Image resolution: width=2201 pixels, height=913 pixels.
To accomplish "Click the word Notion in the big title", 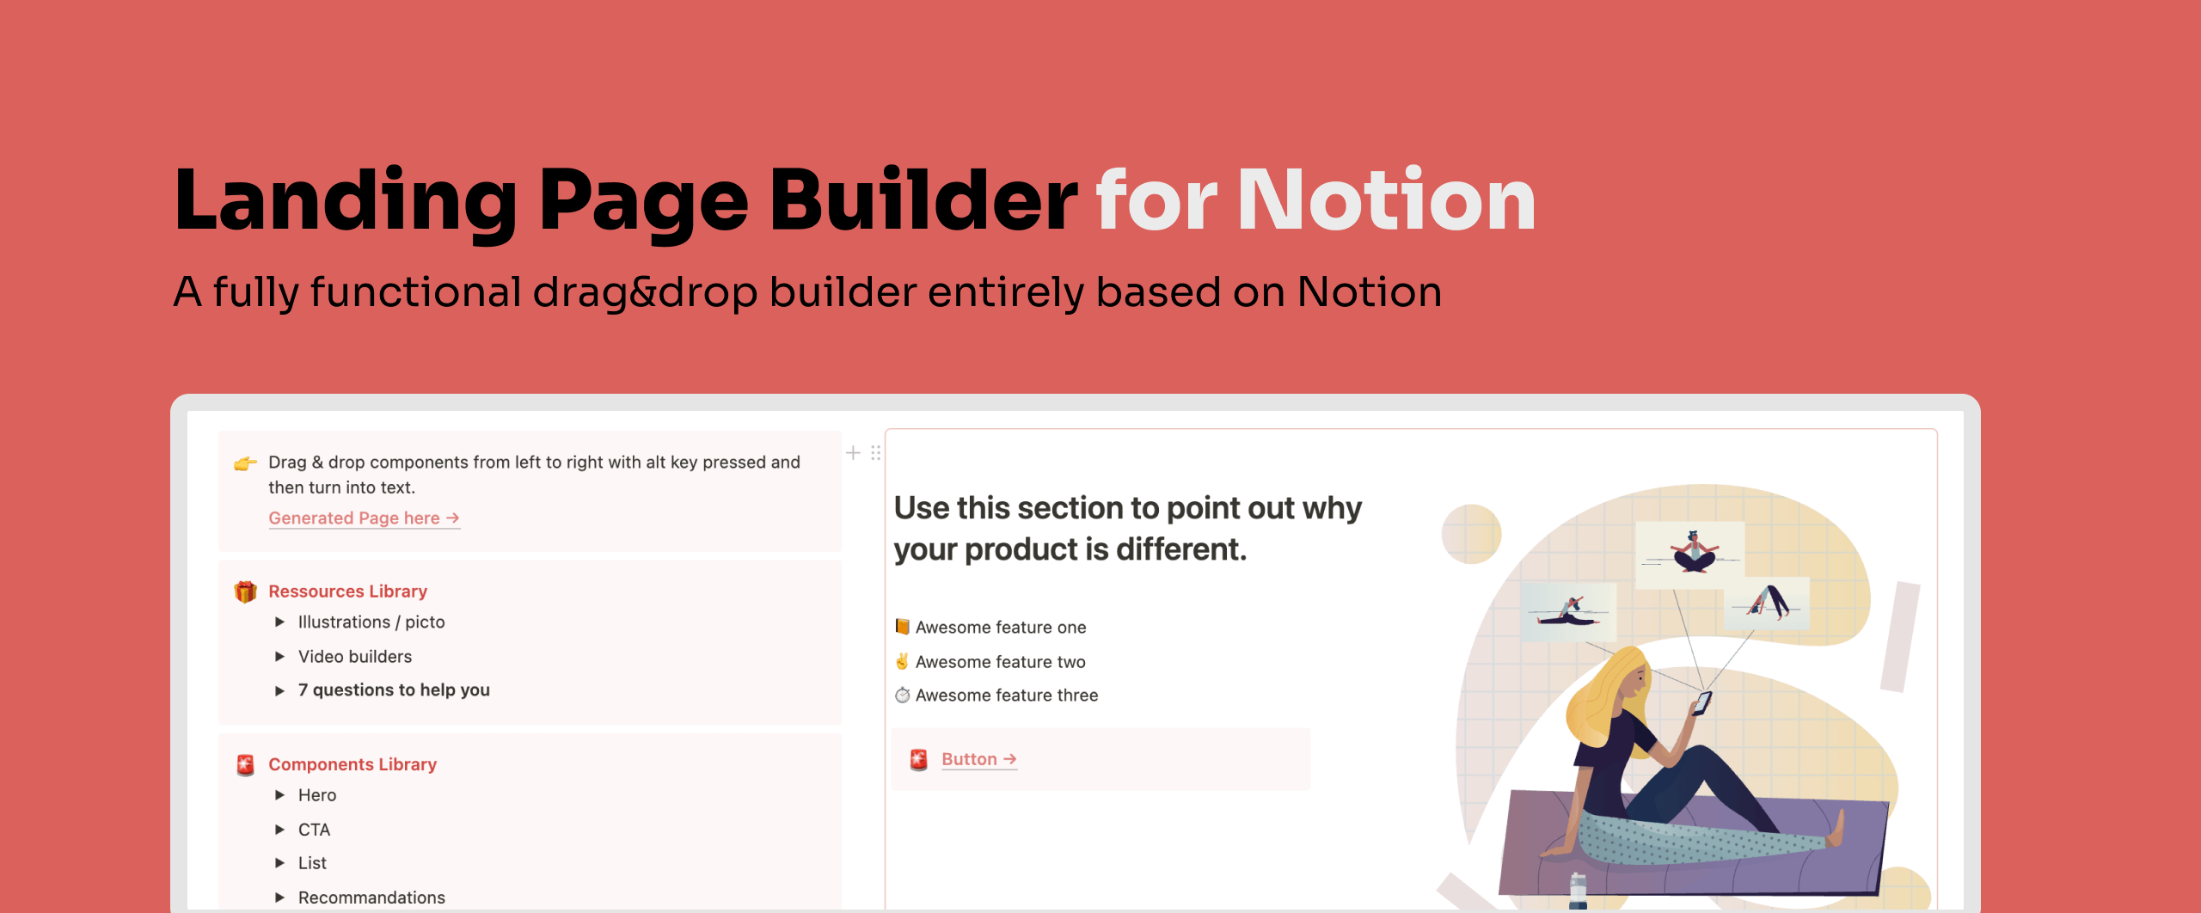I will coord(1386,200).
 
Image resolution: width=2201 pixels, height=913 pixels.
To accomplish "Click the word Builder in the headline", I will coord(923,200).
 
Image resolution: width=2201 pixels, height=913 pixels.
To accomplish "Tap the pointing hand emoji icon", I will coord(245,463).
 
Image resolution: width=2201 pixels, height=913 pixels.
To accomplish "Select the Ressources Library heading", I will coord(347,591).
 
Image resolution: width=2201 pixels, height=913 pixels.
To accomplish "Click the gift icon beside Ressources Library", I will coord(245,591).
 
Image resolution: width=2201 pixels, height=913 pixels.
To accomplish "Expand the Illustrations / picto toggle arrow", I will coord(279,622).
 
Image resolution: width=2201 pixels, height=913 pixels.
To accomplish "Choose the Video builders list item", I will coord(354,657).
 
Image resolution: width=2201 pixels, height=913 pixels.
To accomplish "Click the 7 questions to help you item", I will coord(393,690).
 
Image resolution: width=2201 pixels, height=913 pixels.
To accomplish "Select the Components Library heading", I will coord(353,764).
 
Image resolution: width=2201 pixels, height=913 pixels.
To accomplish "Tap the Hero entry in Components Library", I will coord(316,795).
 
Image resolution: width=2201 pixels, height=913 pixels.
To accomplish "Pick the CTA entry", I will coord(314,830).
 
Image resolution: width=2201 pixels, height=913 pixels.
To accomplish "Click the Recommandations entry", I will coord(371,898).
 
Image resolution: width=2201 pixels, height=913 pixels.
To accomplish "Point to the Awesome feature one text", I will coord(1001,628).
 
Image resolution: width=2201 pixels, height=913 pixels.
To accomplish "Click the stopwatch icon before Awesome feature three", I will coord(902,695).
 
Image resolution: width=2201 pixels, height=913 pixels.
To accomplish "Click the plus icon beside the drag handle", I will coord(853,453).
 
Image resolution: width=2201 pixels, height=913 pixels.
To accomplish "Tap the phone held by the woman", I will coord(1701,702).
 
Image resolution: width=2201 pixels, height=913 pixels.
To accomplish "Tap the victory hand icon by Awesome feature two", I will coord(902,661).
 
